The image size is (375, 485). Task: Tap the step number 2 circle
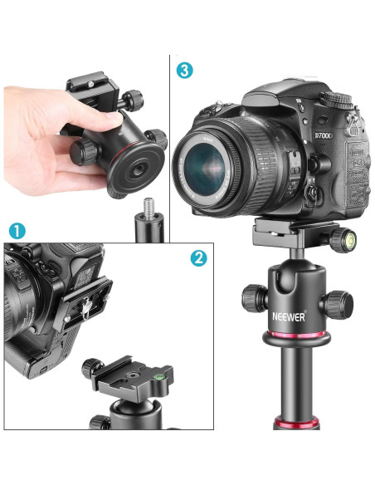coord(197,257)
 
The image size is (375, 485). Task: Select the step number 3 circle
coord(184,70)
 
